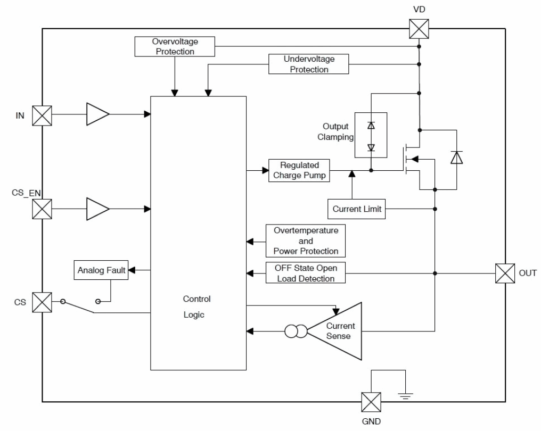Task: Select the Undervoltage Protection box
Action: point(309,64)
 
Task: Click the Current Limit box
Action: point(357,209)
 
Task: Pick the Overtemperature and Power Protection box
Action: point(306,241)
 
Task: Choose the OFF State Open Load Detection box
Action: point(306,273)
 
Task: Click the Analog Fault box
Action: point(101,270)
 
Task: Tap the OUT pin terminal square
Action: point(505,273)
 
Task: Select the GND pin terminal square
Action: point(371,401)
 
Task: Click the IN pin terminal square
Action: point(42,115)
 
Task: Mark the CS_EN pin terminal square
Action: point(42,209)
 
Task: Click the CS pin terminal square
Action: point(42,302)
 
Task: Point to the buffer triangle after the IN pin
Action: point(98,114)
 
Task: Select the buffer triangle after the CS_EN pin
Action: point(98,209)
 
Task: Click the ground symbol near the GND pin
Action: point(406,394)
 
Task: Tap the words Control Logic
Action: point(197,306)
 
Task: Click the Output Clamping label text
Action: point(335,131)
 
